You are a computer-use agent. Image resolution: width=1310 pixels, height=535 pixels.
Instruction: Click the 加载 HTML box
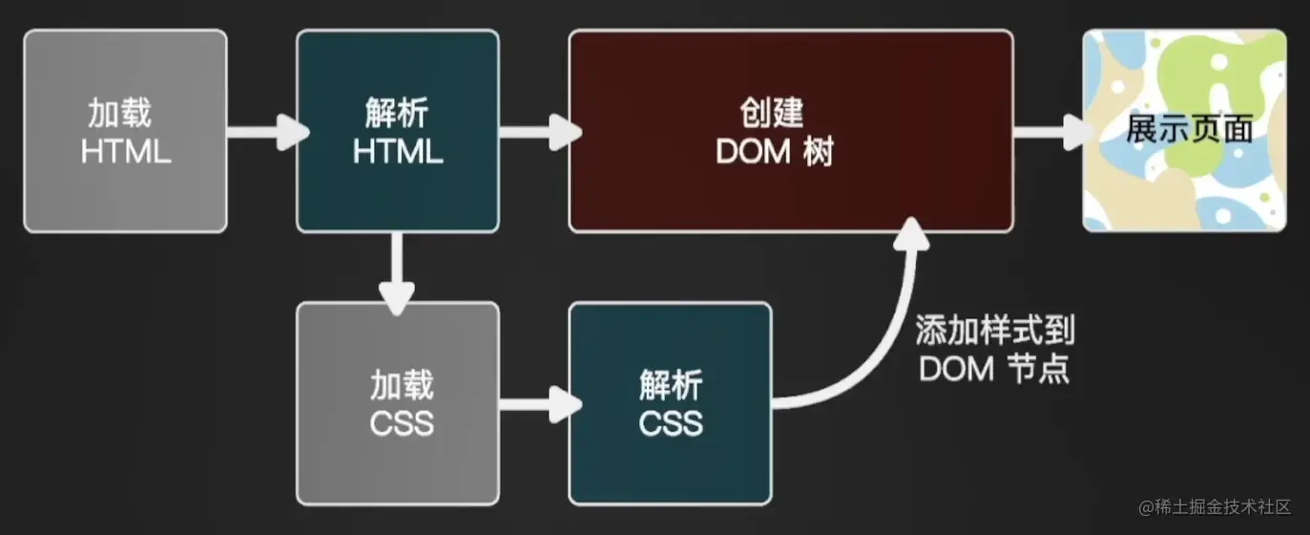125,131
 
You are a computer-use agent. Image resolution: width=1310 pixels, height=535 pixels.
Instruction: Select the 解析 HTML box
397,131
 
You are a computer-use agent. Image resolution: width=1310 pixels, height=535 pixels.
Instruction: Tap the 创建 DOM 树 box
790,131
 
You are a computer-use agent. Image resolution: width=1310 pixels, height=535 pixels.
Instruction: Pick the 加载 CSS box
397,403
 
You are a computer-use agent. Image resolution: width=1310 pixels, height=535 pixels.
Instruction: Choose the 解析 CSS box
670,403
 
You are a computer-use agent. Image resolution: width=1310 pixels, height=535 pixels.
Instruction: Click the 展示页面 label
1189,130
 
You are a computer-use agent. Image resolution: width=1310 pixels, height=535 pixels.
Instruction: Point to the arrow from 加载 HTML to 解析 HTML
262,131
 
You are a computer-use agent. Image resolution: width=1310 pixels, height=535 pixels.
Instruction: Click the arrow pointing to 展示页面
1048,131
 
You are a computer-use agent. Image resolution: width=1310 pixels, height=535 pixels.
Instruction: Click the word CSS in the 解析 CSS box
671,422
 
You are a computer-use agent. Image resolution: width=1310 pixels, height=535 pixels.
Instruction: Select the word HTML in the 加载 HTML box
126,152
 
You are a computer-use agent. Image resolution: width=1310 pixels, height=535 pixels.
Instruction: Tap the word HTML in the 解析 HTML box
398,152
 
